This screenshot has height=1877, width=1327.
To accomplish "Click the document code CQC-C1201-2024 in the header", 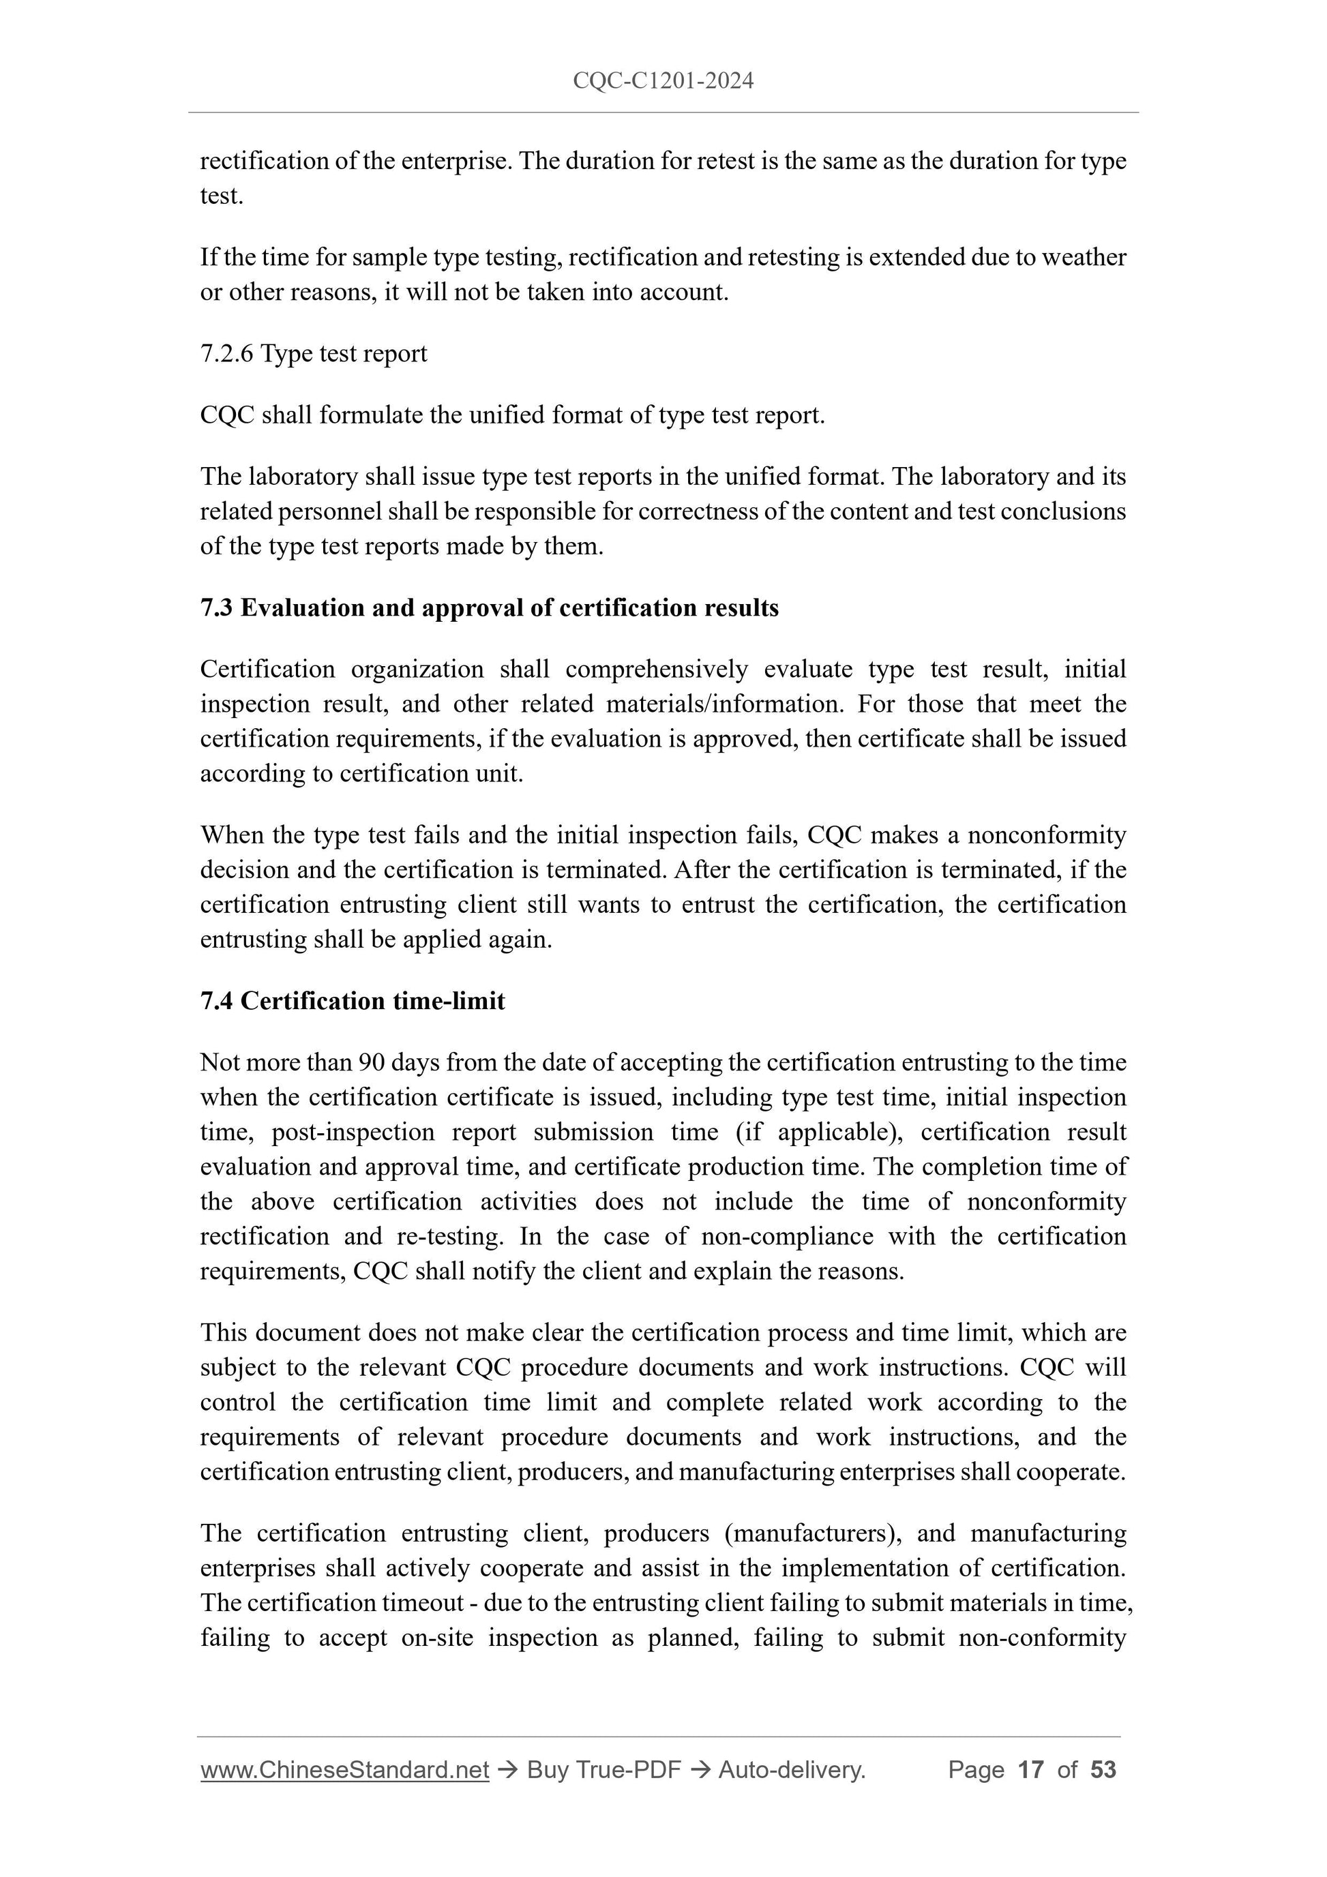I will pyautogui.click(x=662, y=81).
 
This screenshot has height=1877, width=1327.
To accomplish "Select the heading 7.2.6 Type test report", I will pyautogui.click(x=313, y=353).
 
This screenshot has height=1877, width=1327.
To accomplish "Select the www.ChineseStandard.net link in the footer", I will pyautogui.click(x=344, y=1770).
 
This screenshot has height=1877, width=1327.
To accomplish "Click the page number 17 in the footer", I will pyautogui.click(x=1030, y=1770).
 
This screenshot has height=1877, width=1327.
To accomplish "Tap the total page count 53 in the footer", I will pyautogui.click(x=1103, y=1770).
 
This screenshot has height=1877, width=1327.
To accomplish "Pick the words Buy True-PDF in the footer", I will pyautogui.click(x=603, y=1770).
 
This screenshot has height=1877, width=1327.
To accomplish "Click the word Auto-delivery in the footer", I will pyautogui.click(x=790, y=1770).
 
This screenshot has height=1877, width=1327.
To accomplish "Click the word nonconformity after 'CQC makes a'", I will pyautogui.click(x=1047, y=835).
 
